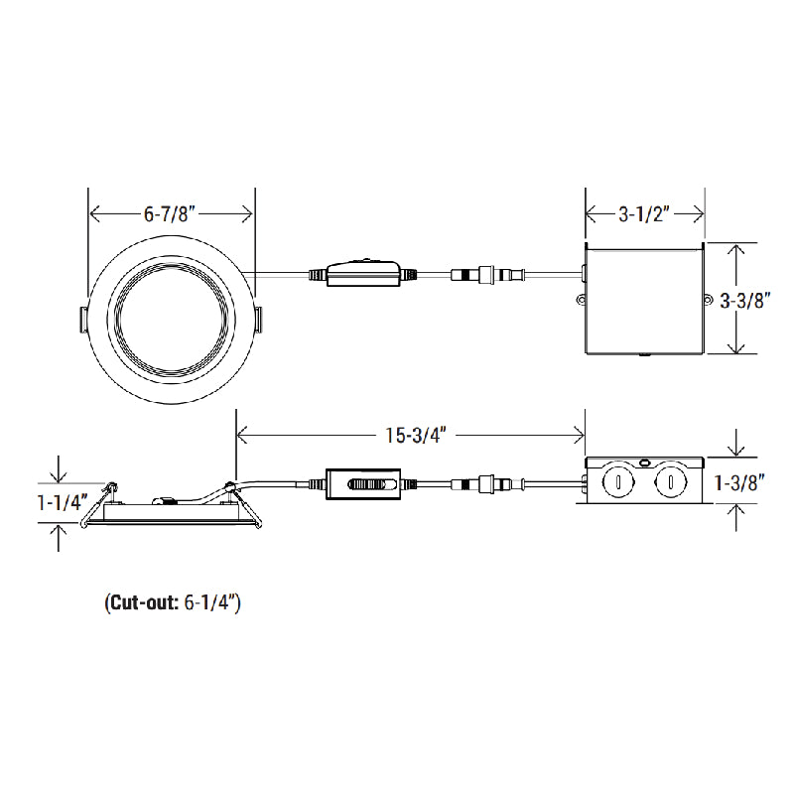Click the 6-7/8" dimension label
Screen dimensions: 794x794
pos(172,213)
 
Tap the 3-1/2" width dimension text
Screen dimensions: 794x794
pos(645,213)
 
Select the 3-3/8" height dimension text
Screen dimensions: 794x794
pos(745,300)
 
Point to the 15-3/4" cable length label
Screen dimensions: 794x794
pos(411,434)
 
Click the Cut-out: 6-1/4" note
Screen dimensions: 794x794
pos(172,601)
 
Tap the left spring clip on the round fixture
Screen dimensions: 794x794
pos(82,318)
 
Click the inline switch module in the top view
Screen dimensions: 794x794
pos(364,273)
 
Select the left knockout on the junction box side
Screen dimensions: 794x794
pos(617,484)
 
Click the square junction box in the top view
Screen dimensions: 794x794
pos(644,300)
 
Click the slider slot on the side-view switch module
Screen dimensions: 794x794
pos(368,485)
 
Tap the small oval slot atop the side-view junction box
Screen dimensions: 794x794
pos(645,462)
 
